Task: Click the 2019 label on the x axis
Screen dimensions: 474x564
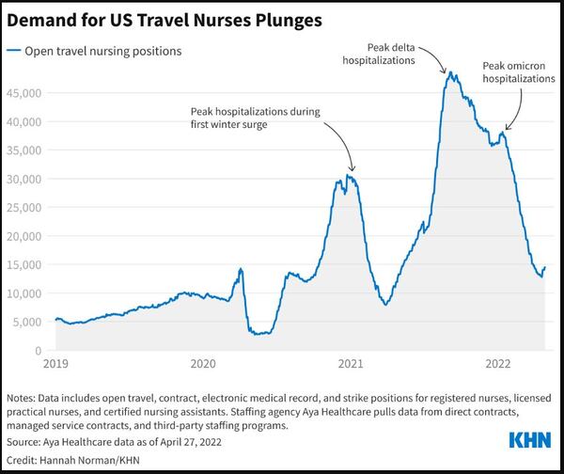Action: [x=55, y=362]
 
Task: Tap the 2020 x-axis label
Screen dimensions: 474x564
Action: [x=203, y=362]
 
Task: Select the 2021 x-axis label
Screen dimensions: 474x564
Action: [x=352, y=362]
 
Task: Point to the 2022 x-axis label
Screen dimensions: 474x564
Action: [x=499, y=362]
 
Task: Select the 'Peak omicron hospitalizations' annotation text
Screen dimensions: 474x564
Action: [x=519, y=72]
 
